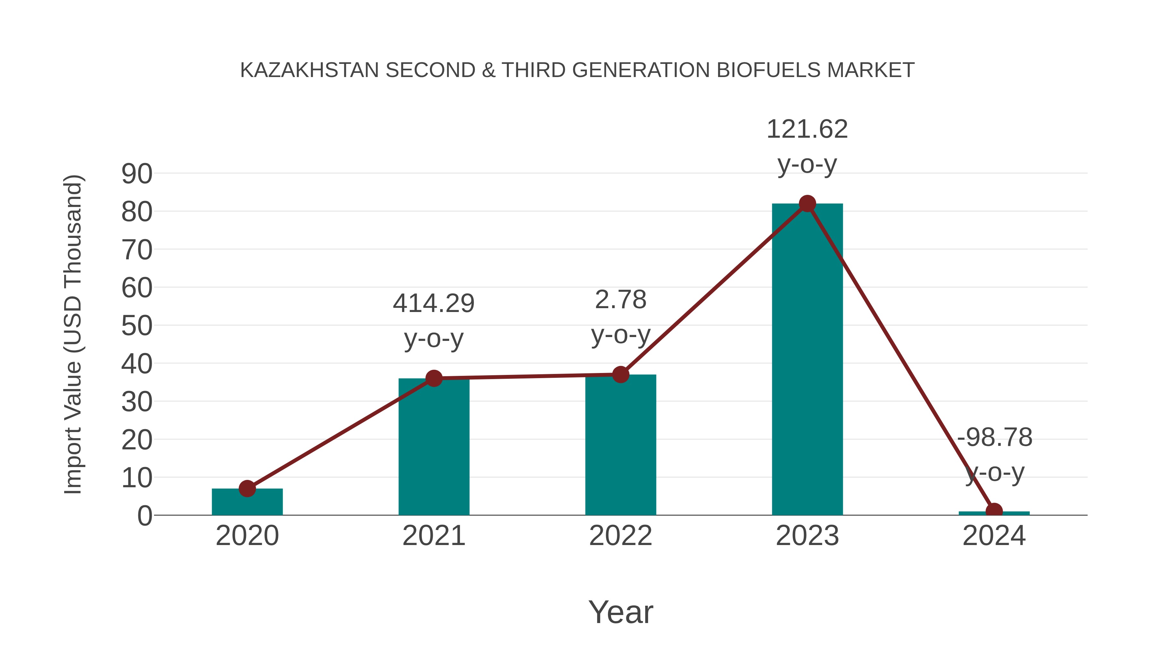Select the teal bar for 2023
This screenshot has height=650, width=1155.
pyautogui.click(x=807, y=359)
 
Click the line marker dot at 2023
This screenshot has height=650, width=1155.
pyautogui.click(x=807, y=204)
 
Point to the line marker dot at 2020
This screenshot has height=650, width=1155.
pyautogui.click(x=247, y=489)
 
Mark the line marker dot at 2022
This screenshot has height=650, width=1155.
pyautogui.click(x=620, y=374)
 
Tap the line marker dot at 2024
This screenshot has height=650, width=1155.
pyautogui.click(x=994, y=511)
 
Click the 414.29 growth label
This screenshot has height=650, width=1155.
pyautogui.click(x=433, y=303)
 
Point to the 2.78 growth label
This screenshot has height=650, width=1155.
pyautogui.click(x=620, y=300)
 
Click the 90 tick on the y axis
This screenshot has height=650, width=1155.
pyautogui.click(x=137, y=174)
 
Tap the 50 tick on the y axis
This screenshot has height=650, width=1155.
pyautogui.click(x=137, y=326)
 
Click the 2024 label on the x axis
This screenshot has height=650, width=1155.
pyautogui.click(x=994, y=536)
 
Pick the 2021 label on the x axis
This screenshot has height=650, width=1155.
pyautogui.click(x=433, y=536)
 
